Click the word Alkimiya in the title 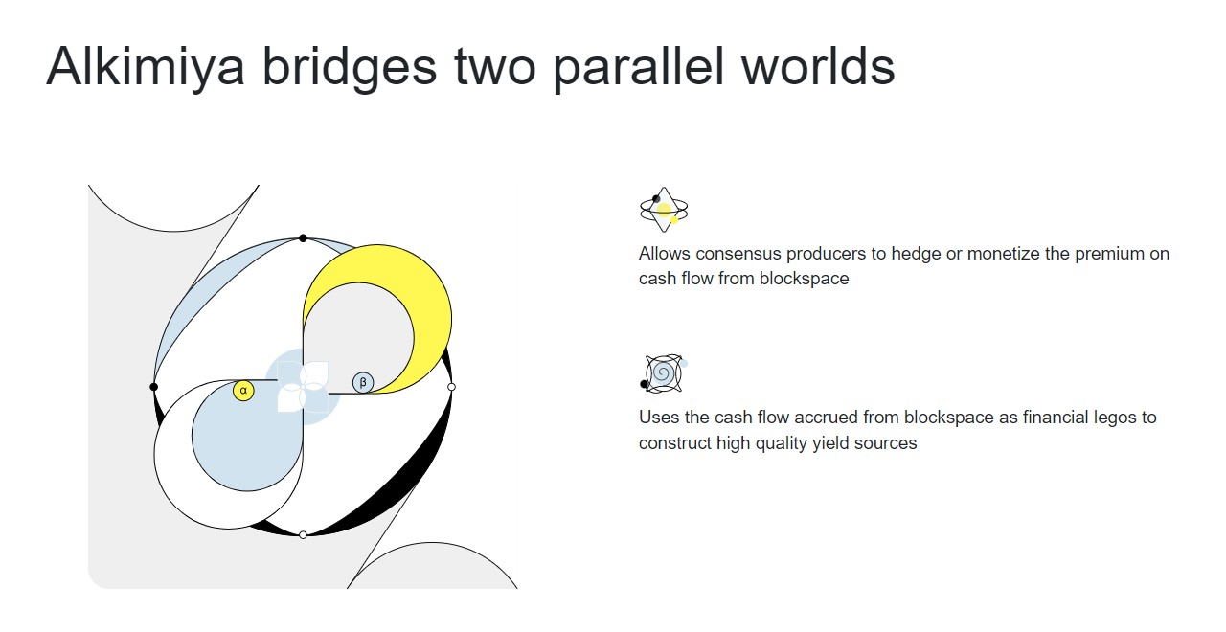[x=145, y=68]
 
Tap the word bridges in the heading [x=350, y=68]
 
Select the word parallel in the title [x=638, y=68]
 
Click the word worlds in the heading [x=818, y=67]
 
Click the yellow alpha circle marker [x=243, y=391]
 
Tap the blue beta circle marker [x=363, y=382]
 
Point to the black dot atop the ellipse [x=303, y=238]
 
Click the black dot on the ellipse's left [x=154, y=387]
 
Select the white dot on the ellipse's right [x=451, y=387]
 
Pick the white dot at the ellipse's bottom [x=303, y=534]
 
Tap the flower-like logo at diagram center [x=304, y=387]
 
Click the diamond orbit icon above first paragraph [x=664, y=210]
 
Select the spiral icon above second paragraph [x=663, y=373]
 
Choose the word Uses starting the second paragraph [x=659, y=418]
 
